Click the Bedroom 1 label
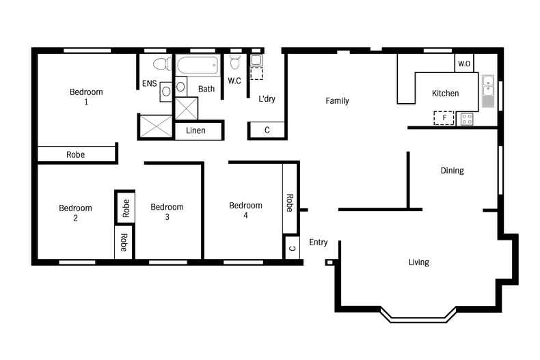86,97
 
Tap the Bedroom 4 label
245,210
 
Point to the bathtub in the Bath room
198,66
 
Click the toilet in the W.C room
235,63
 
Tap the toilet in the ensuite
161,64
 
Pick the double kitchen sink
488,87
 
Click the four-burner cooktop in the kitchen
468,119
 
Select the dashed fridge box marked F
444,118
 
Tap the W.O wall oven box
464,64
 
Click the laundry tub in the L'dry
256,60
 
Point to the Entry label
319,243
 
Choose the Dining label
452,171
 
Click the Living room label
418,262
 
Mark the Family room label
337,101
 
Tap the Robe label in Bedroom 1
76,155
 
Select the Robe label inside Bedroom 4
290,203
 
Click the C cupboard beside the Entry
292,247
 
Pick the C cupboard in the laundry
267,130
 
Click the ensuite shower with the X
157,126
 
